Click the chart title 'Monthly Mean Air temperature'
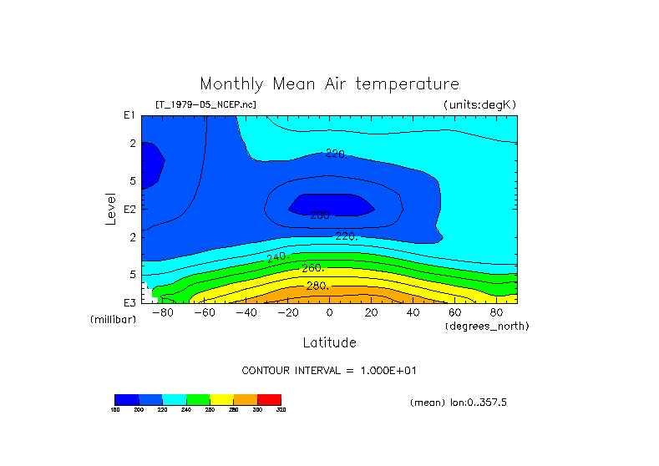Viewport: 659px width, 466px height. point(329,84)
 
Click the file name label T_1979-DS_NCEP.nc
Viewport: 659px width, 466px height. point(205,104)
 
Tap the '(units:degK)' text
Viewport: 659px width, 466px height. point(480,104)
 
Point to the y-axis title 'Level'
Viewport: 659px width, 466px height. point(110,207)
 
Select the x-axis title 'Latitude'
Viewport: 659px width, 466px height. point(329,342)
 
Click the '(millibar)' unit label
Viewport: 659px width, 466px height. point(113,320)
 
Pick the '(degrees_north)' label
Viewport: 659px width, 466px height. point(487,326)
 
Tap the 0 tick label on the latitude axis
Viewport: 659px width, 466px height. point(329,312)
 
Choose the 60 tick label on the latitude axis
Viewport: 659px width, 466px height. point(454,312)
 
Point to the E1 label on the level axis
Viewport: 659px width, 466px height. point(129,115)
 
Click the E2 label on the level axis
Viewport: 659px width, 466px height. point(129,209)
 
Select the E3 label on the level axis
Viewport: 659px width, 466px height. point(129,302)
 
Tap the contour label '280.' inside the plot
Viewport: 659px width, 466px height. point(317,286)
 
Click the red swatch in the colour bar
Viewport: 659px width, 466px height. point(269,399)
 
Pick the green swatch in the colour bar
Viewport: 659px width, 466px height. point(198,399)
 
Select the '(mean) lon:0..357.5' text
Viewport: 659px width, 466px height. point(459,403)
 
